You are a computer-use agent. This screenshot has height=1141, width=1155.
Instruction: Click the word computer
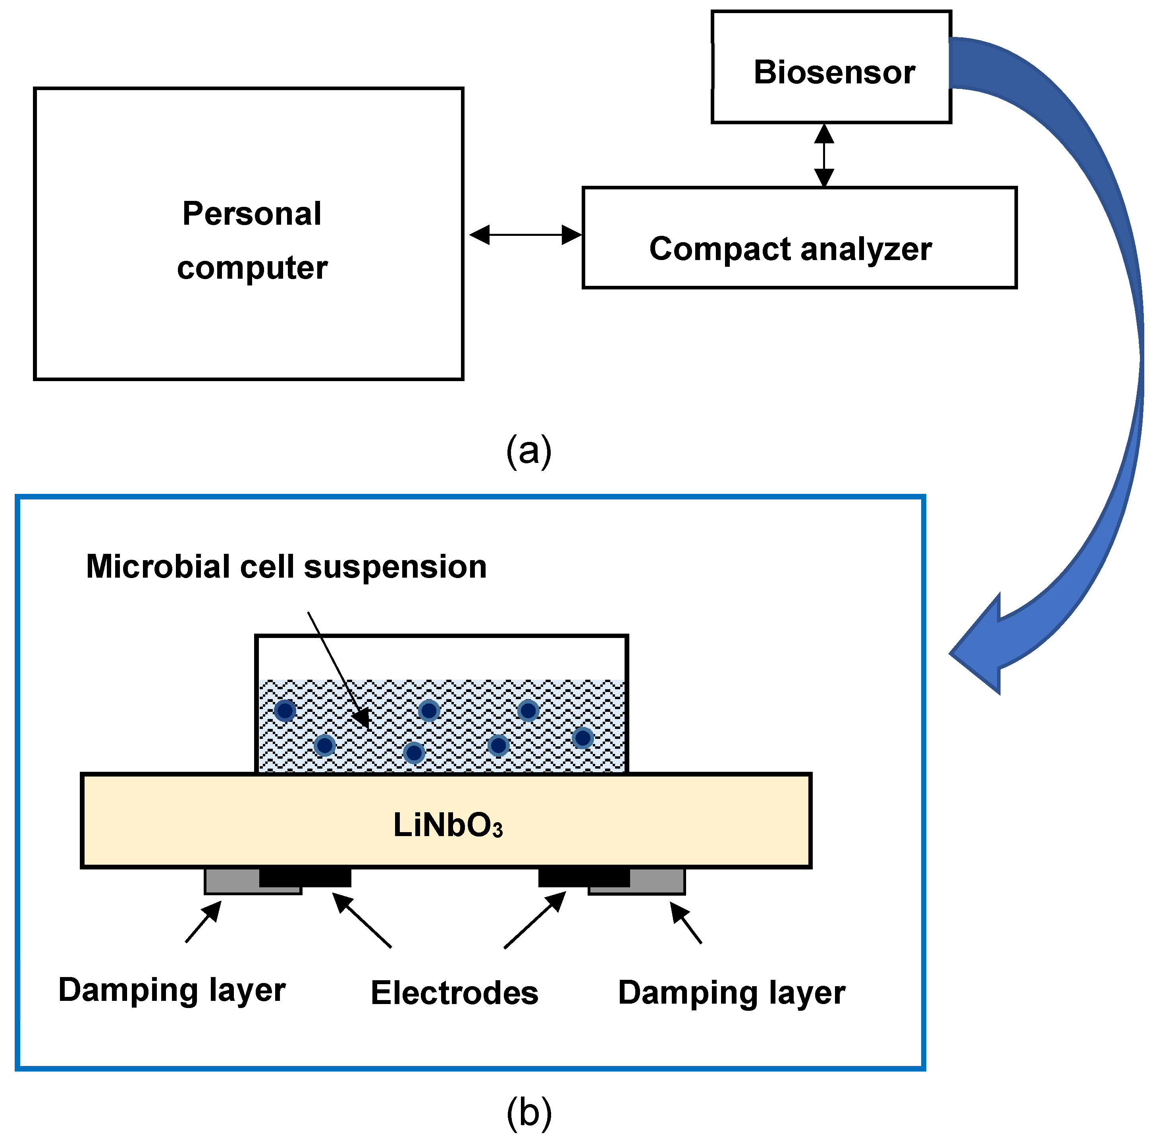pyautogui.click(x=252, y=268)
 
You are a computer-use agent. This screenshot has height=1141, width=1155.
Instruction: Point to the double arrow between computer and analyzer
pyautogui.click(x=526, y=235)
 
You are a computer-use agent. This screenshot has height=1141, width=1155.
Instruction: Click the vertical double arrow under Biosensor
pyautogui.click(x=824, y=155)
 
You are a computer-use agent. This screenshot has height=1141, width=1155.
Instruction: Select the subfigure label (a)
pyautogui.click(x=528, y=451)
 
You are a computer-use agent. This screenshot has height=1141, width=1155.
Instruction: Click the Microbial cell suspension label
pyautogui.click(x=286, y=566)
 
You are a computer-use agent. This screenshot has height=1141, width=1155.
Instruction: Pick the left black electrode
pyautogui.click(x=305, y=877)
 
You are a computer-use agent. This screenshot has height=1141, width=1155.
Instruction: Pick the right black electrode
pyautogui.click(x=584, y=877)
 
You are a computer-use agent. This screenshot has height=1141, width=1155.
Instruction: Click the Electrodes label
pyautogui.click(x=454, y=993)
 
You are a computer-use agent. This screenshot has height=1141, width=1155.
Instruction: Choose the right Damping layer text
pyautogui.click(x=732, y=993)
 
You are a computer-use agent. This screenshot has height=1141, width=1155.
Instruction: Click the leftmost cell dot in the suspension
pyautogui.click(x=285, y=711)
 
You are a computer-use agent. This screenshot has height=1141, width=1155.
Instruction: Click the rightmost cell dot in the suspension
pyautogui.click(x=583, y=738)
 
